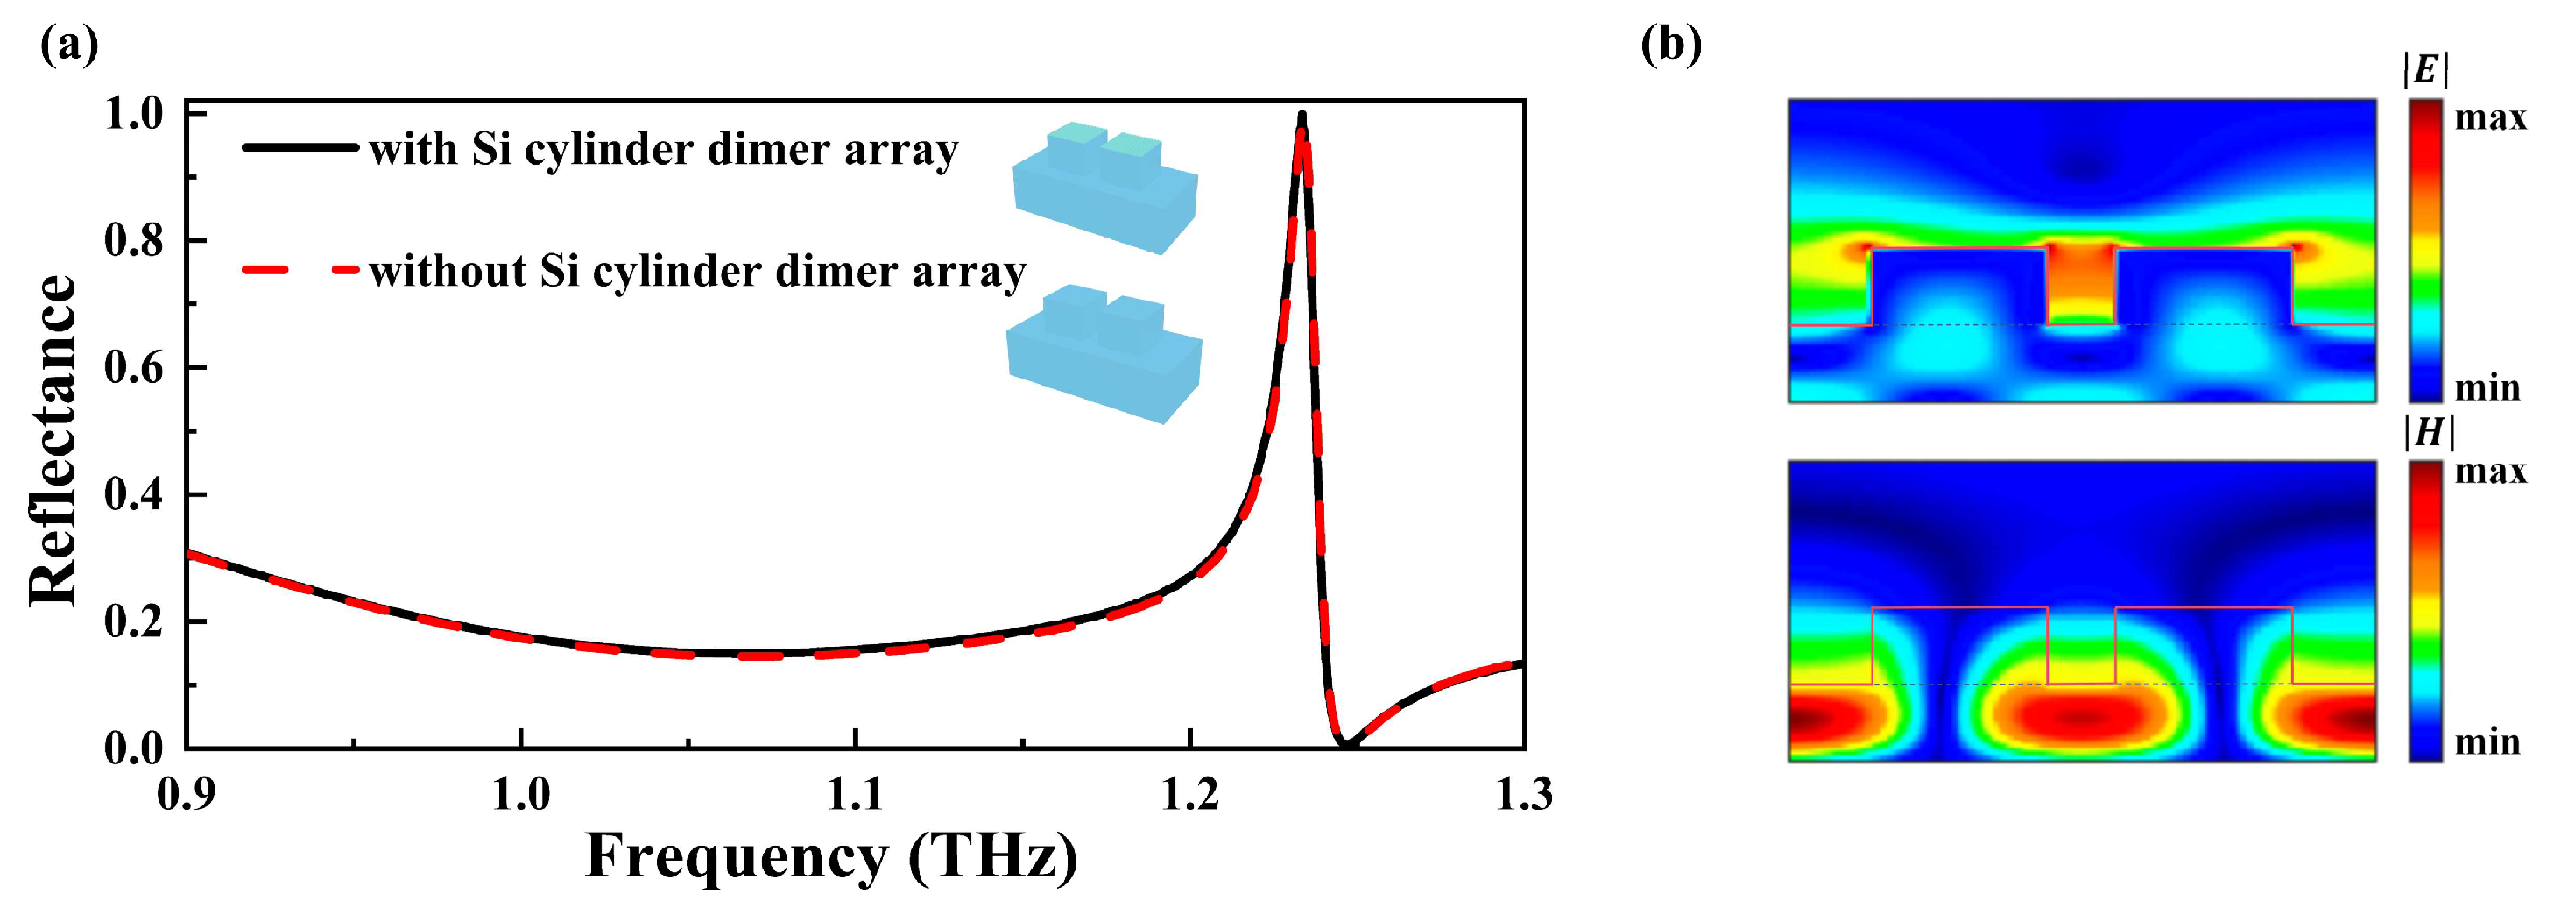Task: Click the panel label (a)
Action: pyautogui.click(x=68, y=45)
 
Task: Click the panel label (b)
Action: pyautogui.click(x=1670, y=45)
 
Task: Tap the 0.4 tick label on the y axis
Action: pyautogui.click(x=133, y=495)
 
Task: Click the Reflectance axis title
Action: pyautogui.click(x=52, y=440)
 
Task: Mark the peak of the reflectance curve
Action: pyautogui.click(x=1302, y=116)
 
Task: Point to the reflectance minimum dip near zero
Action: pyautogui.click(x=1345, y=743)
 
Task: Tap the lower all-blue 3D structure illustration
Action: pyautogui.click(x=1104, y=353)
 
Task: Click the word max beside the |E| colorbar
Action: pyautogui.click(x=2489, y=118)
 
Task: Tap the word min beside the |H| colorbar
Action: pyautogui.click(x=2487, y=742)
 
